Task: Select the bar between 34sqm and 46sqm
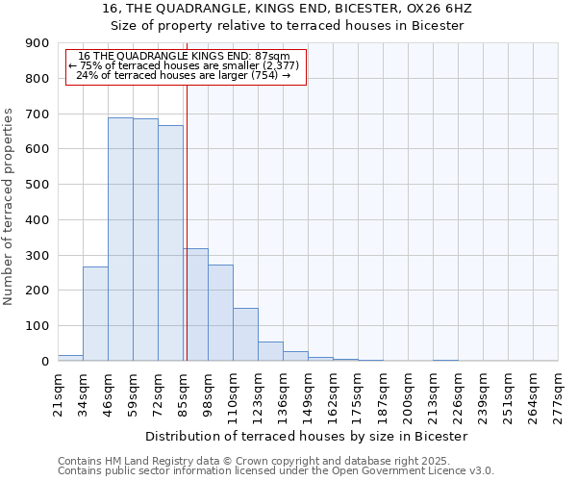(x=95, y=314)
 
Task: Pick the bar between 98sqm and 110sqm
(x=220, y=313)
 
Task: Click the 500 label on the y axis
(x=38, y=185)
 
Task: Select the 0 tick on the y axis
(x=45, y=362)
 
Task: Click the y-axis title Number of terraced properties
(x=10, y=207)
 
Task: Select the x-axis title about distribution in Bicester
(x=308, y=436)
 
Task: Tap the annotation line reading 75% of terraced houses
(x=185, y=65)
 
